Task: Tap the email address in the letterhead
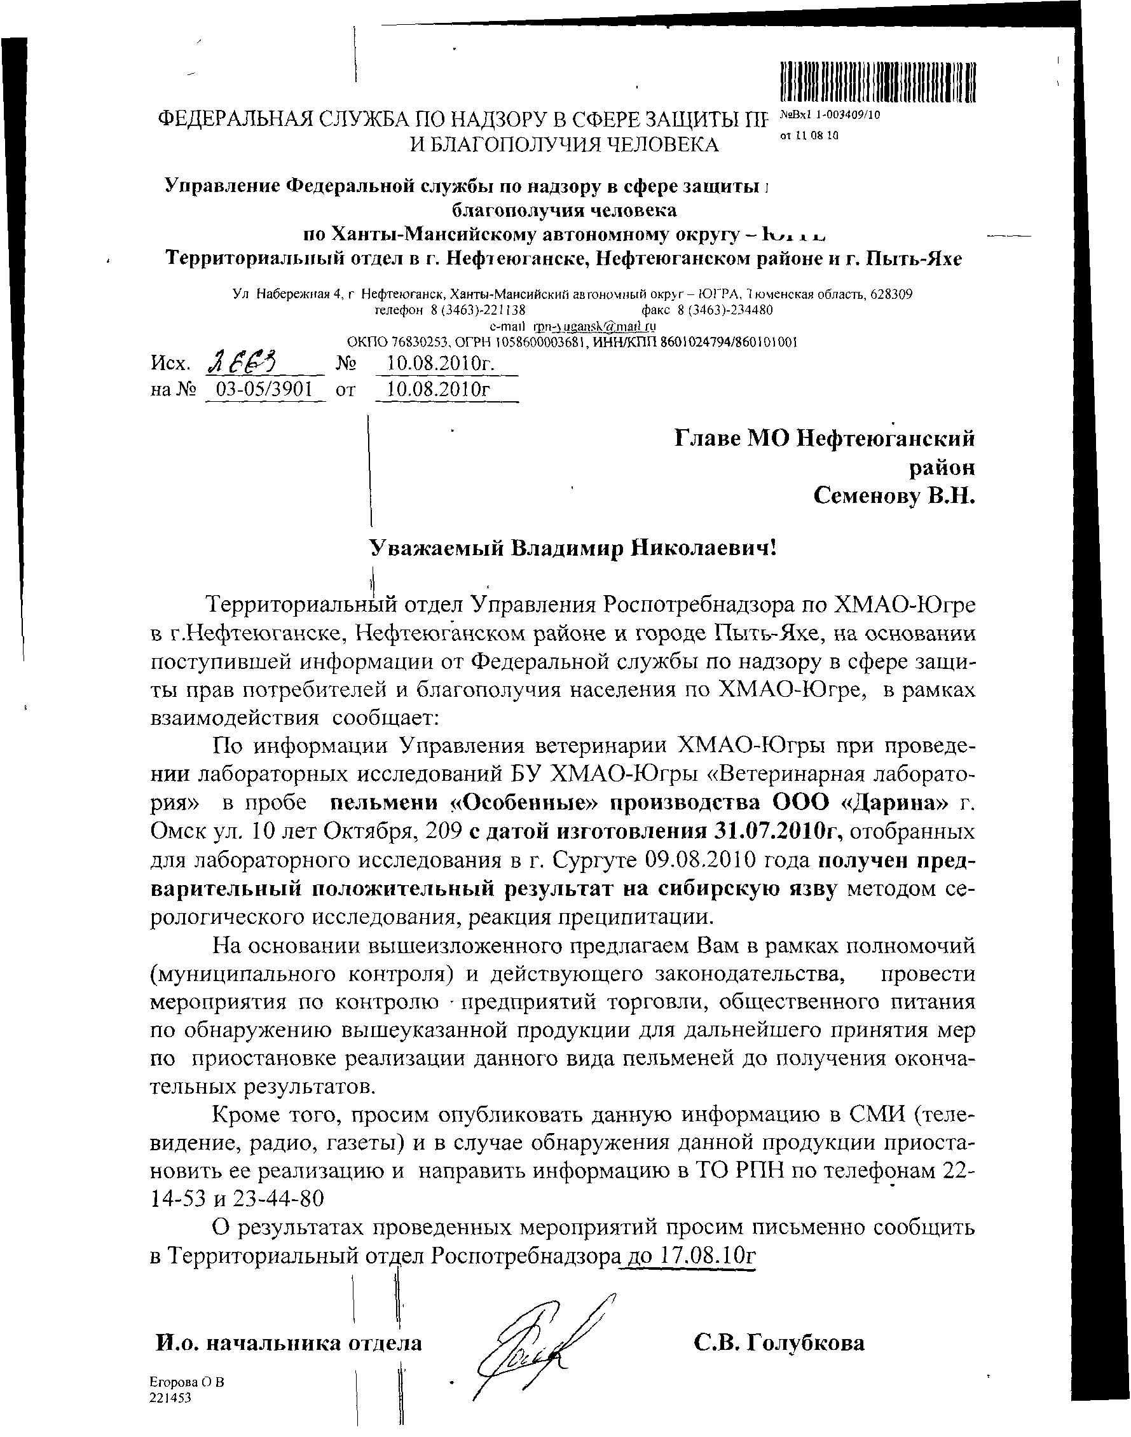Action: click(594, 326)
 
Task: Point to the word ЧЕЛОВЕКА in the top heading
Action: click(657, 144)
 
